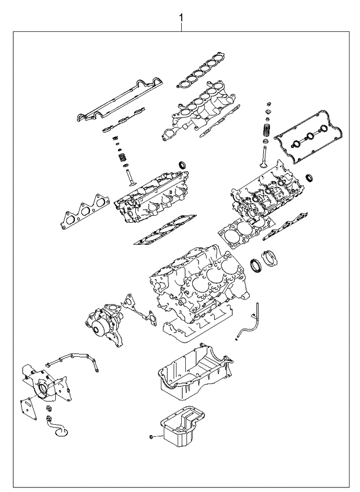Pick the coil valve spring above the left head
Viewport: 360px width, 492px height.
122,157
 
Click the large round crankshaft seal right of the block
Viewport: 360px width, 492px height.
255,265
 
